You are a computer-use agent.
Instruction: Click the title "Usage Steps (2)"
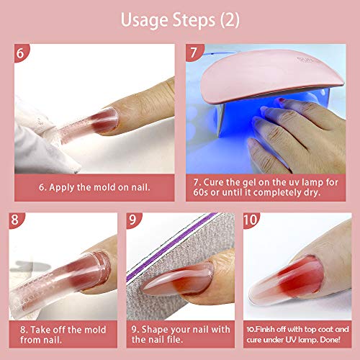[x=179, y=18]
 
